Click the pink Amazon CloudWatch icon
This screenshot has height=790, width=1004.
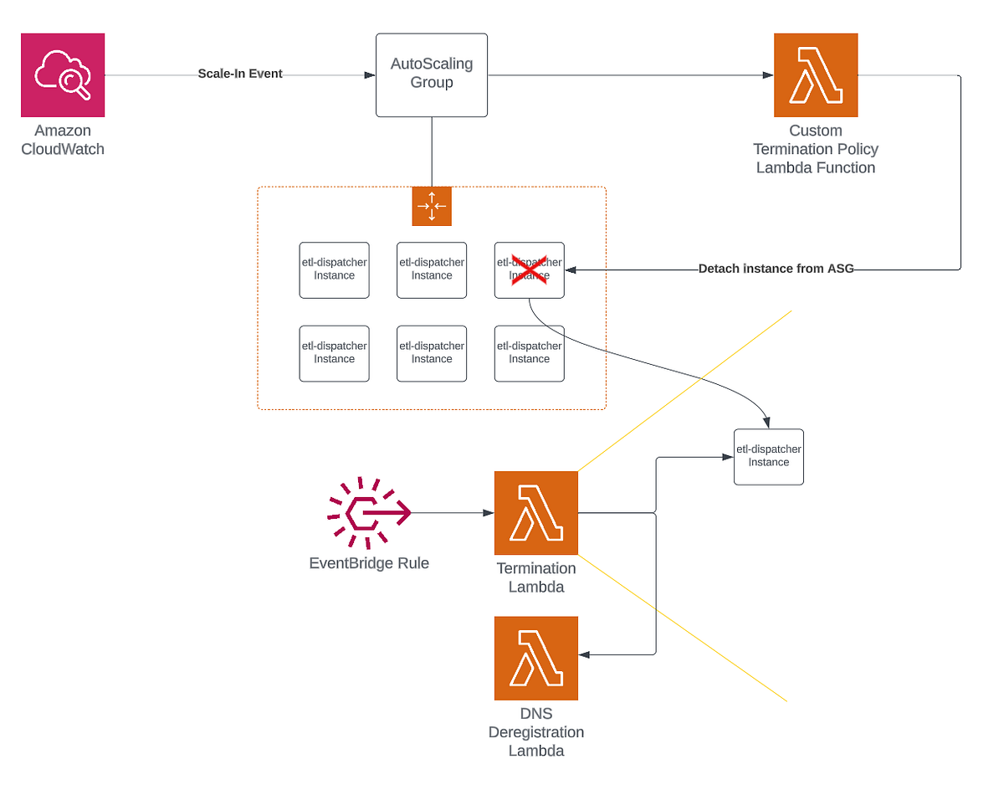[63, 74]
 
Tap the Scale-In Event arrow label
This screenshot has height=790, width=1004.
[240, 74]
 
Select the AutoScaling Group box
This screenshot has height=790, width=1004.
[432, 74]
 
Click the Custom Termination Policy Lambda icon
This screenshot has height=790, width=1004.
[816, 74]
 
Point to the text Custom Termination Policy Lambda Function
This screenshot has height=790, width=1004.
[816, 149]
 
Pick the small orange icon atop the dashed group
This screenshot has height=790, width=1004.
[432, 206]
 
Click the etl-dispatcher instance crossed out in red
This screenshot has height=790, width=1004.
[529, 269]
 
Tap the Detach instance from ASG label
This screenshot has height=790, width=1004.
[776, 269]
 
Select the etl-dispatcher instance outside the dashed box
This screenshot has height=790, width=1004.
[768, 456]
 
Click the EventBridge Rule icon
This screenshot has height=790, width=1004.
[369, 512]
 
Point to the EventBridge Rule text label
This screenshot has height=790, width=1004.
[369, 563]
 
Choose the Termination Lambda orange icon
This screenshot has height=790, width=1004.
[535, 512]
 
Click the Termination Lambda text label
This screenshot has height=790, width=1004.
[535, 577]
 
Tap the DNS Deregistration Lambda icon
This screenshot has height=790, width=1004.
[535, 658]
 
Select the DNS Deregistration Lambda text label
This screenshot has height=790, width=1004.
[535, 732]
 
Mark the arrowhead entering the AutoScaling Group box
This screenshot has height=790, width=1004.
[370, 74]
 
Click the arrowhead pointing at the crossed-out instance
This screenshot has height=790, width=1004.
[571, 269]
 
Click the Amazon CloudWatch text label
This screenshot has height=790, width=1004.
[63, 140]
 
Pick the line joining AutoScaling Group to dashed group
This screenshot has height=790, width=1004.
[432, 151]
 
